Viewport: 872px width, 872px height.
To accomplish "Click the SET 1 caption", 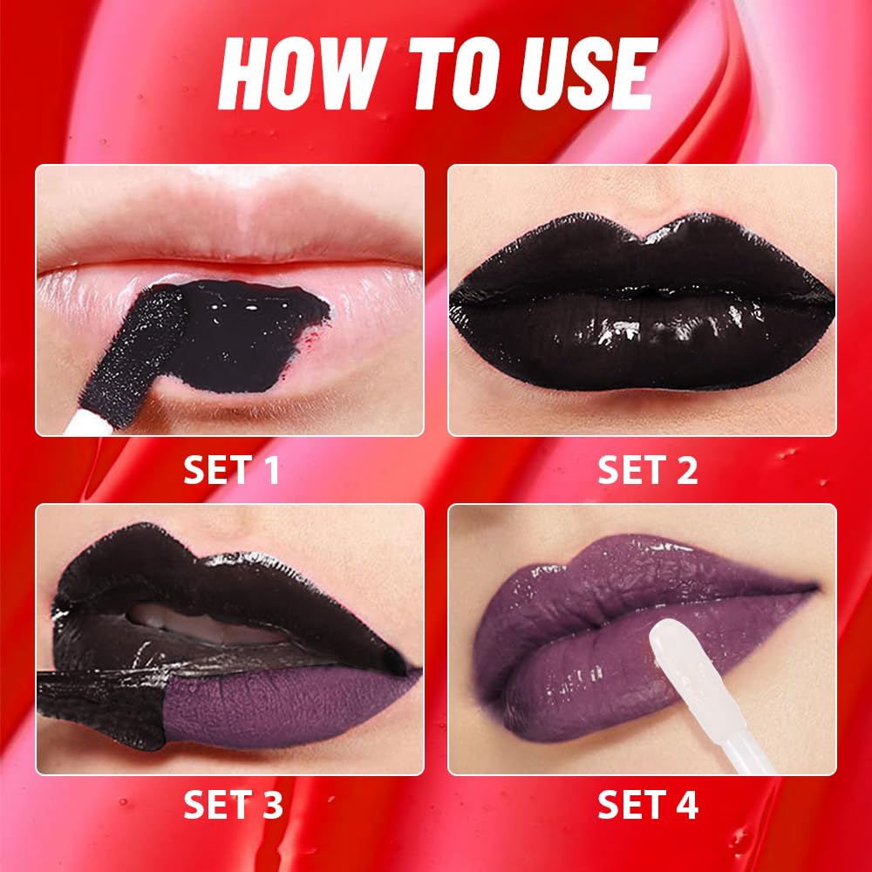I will [231, 470].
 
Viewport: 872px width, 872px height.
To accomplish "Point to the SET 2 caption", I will [647, 470].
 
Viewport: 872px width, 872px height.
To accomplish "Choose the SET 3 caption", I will [231, 805].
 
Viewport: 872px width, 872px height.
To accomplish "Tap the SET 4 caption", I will [647, 805].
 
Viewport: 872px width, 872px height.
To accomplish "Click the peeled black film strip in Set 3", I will [96, 698].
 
